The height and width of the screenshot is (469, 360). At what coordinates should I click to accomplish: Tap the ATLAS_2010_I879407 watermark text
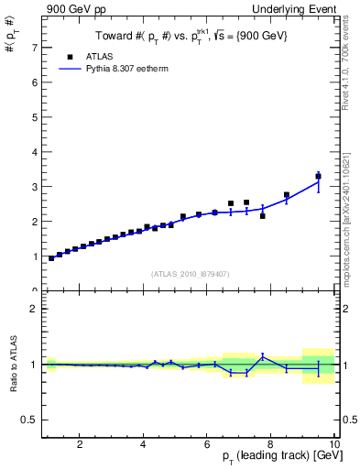(x=190, y=273)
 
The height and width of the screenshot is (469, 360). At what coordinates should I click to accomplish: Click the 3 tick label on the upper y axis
(x=34, y=187)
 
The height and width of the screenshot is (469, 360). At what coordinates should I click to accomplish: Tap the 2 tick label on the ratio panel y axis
(x=34, y=309)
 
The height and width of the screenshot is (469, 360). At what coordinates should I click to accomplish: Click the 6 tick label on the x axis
(x=207, y=445)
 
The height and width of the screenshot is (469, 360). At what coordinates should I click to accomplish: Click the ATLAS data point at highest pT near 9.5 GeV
(x=318, y=176)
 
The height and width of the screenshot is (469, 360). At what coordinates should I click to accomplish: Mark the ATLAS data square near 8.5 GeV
(x=287, y=195)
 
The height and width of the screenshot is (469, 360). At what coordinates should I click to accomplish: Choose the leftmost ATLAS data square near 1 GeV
(x=51, y=258)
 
